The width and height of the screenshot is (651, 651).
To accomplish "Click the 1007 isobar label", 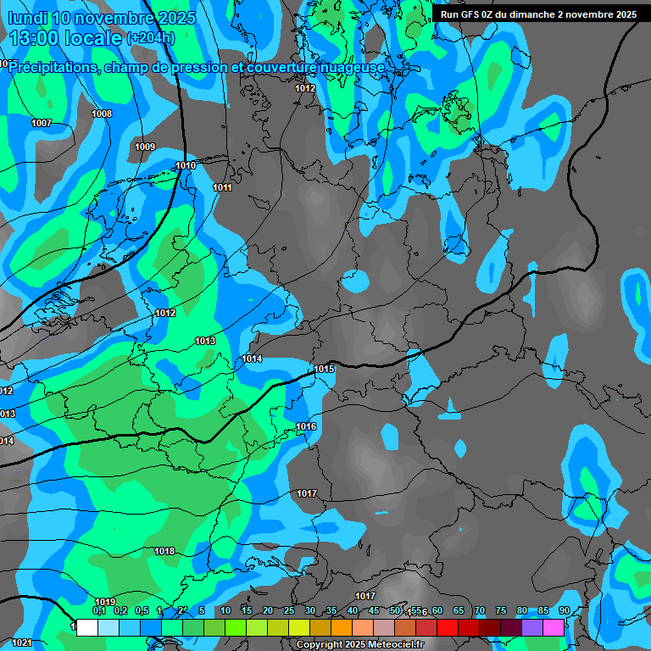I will tap(42, 124).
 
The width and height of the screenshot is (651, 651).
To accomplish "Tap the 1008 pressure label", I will tap(102, 114).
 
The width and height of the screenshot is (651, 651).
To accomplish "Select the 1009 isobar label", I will tap(145, 147).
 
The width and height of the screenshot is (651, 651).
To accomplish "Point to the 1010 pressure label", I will tap(186, 165).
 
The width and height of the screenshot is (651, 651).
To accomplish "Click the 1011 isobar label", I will tap(222, 187).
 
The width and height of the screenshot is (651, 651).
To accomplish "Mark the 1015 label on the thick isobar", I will tap(324, 369).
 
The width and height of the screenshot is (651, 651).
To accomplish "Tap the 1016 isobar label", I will tap(306, 426).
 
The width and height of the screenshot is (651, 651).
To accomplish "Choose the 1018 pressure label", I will tap(164, 552).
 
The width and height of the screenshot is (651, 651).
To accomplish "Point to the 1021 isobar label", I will tap(22, 643).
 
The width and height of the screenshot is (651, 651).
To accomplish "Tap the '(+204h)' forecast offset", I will tap(150, 38).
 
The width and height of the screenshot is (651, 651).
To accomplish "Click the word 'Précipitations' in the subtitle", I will tap(52, 67).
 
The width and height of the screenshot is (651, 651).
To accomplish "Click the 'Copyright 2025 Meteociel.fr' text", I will tap(360, 645).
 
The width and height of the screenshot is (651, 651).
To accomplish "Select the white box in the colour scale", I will tap(86, 628).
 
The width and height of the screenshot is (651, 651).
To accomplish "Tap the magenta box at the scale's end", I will tap(554, 628).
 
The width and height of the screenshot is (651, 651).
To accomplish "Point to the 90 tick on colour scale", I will tap(564, 610).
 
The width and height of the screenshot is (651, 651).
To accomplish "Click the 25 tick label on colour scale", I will tap(289, 610).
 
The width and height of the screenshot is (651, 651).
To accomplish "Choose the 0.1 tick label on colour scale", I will tap(99, 610).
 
